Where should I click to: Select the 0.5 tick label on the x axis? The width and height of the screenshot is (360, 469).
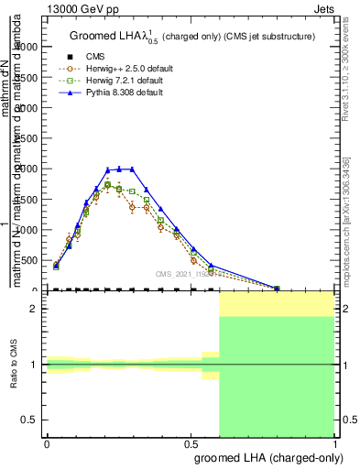(191, 442)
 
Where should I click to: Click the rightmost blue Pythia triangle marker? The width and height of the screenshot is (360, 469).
(277, 288)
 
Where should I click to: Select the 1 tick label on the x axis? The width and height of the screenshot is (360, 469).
(335, 442)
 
